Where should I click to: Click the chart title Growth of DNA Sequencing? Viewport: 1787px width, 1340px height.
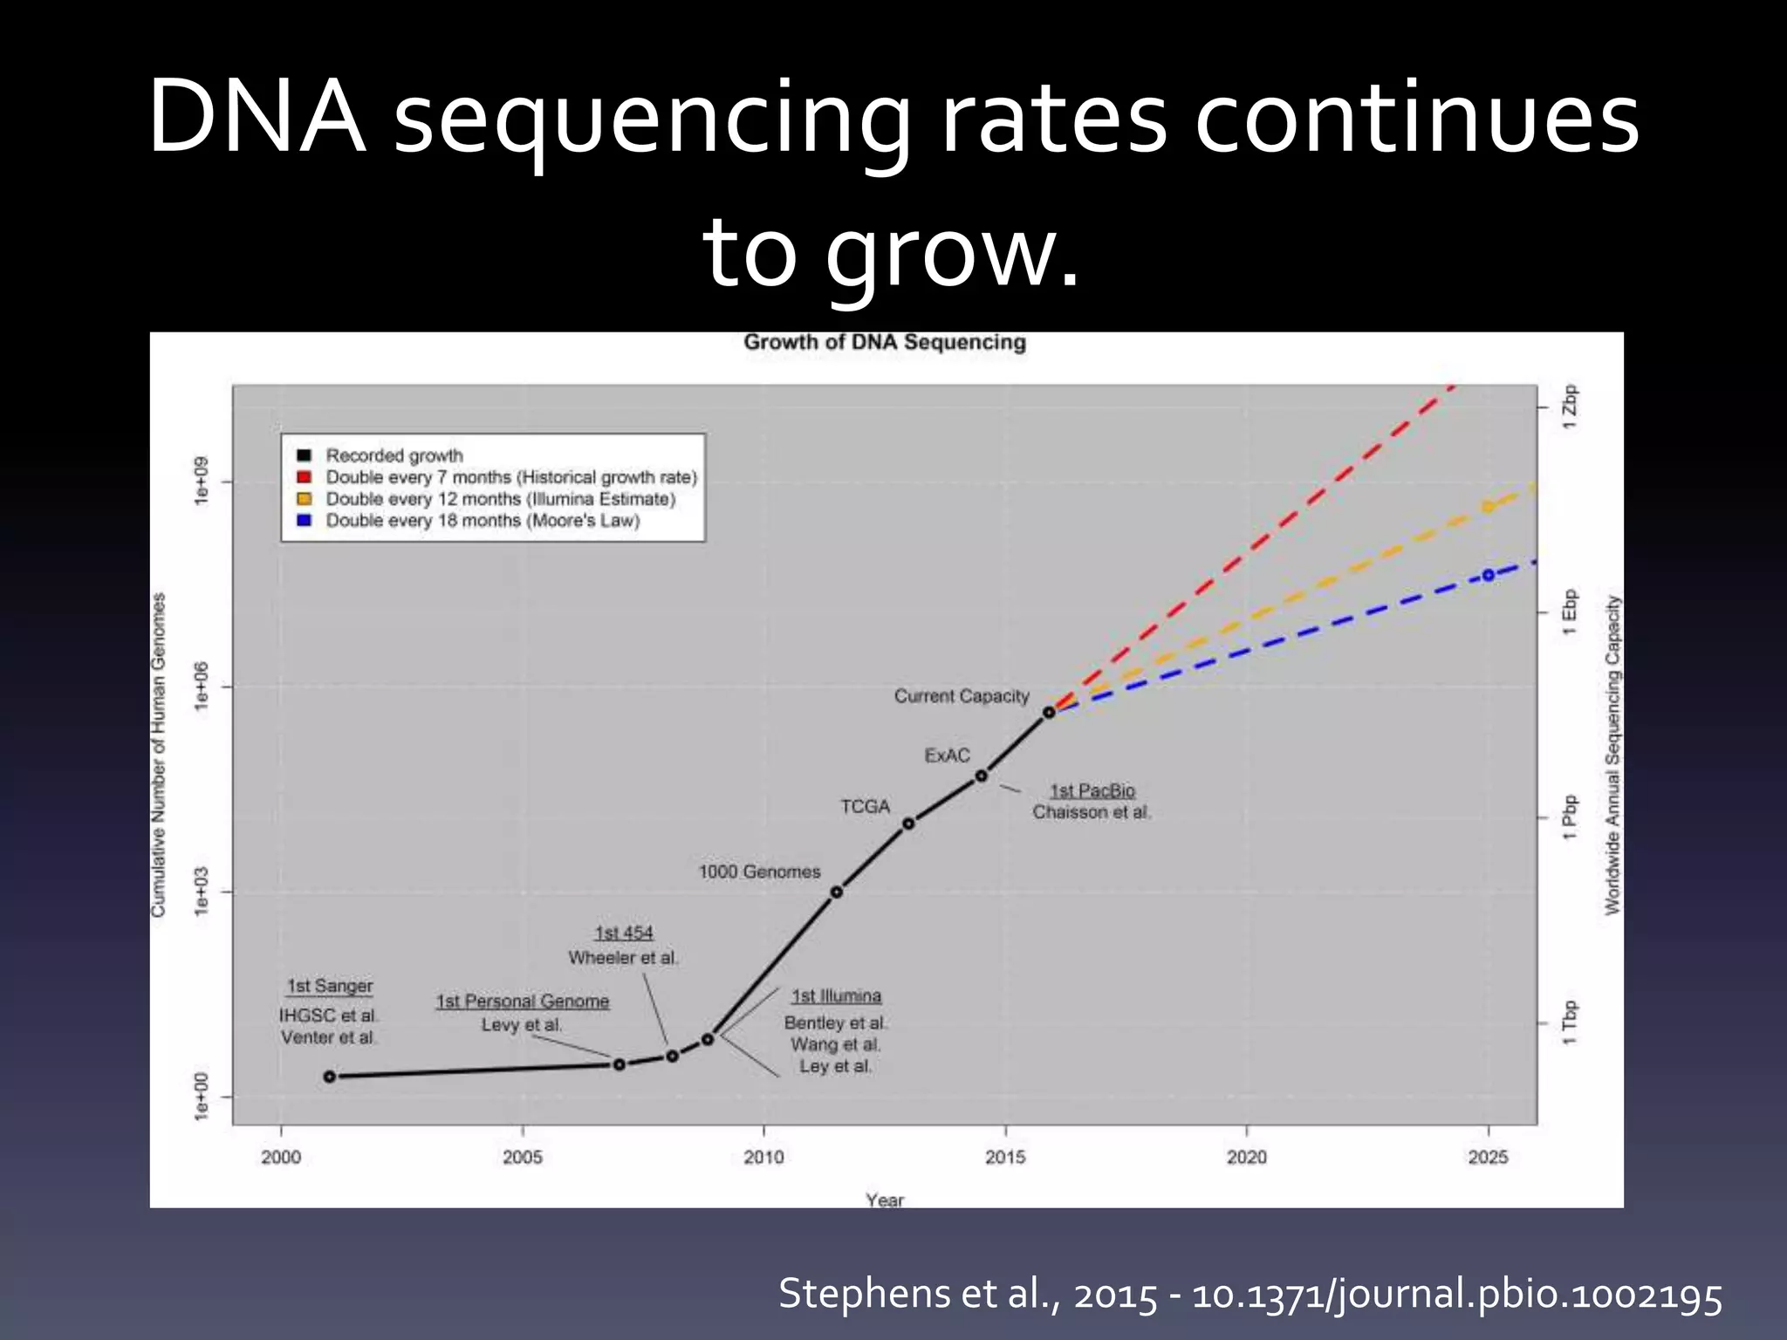884,342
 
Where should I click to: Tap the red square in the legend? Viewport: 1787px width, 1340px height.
304,477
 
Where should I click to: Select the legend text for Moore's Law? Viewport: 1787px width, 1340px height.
483,521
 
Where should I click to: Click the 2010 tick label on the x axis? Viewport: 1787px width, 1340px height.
763,1157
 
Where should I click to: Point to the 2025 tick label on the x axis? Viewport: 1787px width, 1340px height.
1488,1157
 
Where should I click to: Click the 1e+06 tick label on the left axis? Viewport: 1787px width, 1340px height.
202,687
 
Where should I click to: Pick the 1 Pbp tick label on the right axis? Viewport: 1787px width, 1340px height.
1570,817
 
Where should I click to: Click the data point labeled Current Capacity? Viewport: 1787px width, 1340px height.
1049,712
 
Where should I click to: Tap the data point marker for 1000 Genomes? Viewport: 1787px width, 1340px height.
836,892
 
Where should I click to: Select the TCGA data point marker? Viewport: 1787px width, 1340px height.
908,824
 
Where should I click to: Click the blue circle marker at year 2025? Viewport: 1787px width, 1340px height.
1489,575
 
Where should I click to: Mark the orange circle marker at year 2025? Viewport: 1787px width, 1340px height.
1489,507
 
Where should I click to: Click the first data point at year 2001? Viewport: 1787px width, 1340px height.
330,1077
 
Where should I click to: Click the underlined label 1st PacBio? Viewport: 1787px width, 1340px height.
1092,790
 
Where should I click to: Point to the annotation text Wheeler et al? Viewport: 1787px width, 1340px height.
623,958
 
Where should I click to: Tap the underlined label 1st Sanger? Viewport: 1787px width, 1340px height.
330,986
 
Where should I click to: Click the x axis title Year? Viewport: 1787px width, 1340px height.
884,1200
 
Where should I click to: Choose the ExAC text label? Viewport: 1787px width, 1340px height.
947,755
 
